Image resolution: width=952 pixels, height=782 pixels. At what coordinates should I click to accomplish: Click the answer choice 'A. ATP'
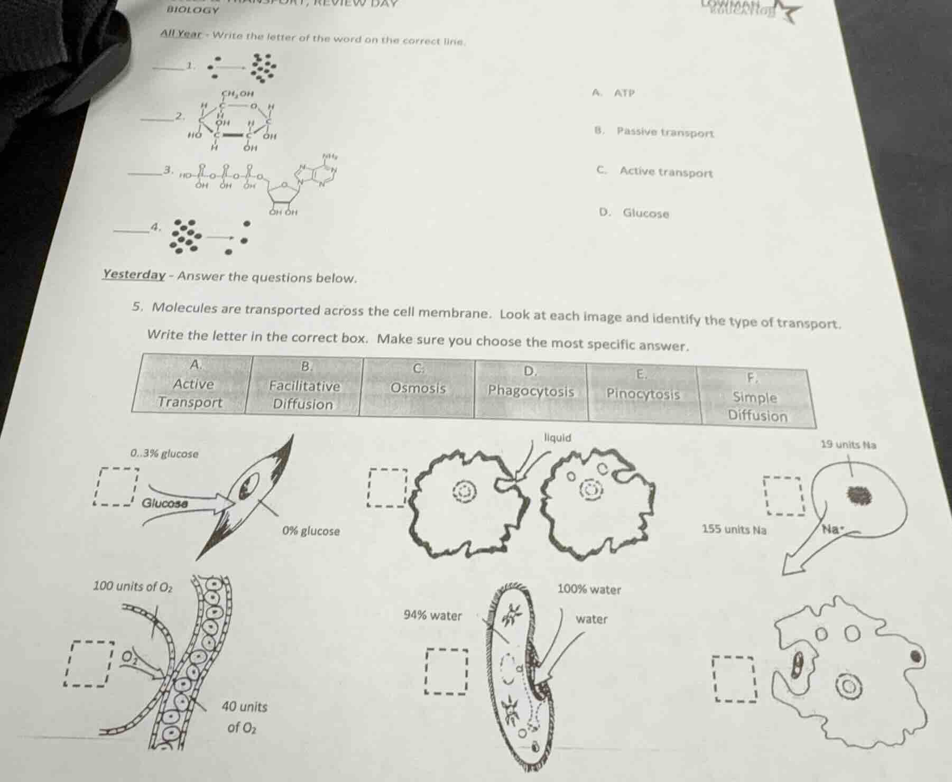613,93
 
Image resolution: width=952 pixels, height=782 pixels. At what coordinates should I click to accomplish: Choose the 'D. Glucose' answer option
634,213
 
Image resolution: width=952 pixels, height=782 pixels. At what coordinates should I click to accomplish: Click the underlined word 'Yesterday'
134,275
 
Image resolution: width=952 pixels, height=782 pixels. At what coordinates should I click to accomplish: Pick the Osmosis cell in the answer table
418,388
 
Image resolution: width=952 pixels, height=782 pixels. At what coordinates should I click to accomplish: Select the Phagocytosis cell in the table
531,391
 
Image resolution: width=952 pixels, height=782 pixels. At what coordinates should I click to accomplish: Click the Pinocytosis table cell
643,394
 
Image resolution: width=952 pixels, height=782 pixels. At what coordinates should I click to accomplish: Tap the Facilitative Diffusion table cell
304,395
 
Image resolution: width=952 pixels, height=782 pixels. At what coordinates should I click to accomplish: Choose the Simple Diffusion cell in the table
756,406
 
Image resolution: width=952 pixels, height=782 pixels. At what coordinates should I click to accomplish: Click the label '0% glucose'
311,530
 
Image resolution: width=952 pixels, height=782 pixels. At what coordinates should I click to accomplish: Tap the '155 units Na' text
734,529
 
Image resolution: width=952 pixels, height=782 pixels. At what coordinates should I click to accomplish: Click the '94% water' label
432,615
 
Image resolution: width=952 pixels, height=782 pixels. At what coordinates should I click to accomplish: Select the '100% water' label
589,589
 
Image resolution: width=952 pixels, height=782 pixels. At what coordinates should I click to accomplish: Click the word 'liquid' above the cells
557,437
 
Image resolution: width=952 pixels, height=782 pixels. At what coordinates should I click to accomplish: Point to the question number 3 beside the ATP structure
167,170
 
